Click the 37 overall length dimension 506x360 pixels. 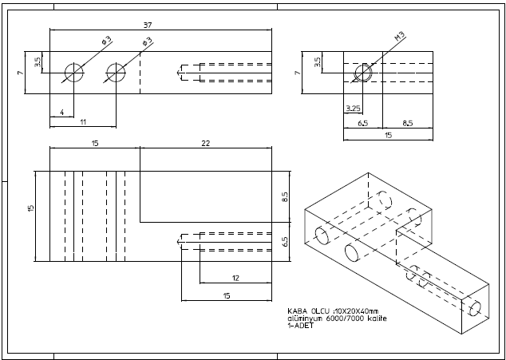[160, 24]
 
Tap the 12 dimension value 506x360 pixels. [235, 277]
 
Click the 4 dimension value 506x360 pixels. [61, 113]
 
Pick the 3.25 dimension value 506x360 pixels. [353, 107]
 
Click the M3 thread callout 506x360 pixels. [399, 37]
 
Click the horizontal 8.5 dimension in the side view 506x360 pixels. [407, 124]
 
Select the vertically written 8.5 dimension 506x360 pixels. [284, 196]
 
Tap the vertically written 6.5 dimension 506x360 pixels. [284, 241]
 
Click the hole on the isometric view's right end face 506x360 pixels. [476, 306]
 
